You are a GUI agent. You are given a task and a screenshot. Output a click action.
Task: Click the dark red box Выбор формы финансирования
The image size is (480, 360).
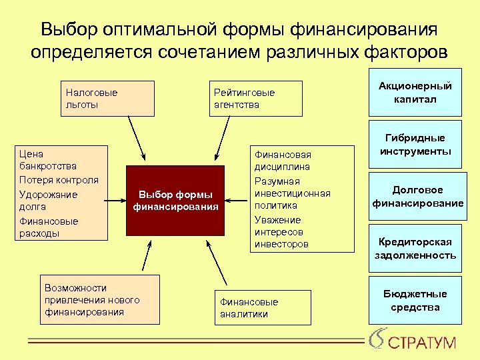pyautogui.click(x=175, y=200)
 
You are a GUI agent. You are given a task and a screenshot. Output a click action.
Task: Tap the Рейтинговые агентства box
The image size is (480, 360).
pyautogui.click(x=257, y=99)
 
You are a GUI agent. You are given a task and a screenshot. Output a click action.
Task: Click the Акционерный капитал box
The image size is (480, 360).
pyautogui.click(x=415, y=93)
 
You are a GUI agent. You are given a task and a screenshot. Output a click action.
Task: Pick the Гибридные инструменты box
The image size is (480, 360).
pyautogui.click(x=415, y=145)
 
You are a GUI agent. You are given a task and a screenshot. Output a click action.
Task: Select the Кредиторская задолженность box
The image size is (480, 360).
pyautogui.click(x=415, y=248)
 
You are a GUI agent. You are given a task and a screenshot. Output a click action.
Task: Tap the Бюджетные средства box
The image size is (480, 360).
pyautogui.click(x=415, y=300)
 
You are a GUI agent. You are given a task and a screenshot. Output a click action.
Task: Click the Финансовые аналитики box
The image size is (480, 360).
pyautogui.click(x=263, y=307)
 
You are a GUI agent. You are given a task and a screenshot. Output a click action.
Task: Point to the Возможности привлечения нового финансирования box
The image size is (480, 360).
pyautogui.click(x=99, y=299)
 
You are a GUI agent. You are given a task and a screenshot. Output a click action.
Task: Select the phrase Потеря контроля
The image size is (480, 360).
pyautogui.click(x=59, y=180)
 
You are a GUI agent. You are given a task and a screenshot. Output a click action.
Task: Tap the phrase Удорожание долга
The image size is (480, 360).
pyautogui.click(x=48, y=201)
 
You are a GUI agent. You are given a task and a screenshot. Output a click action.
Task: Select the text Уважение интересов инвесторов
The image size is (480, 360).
pyautogui.click(x=281, y=232)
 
